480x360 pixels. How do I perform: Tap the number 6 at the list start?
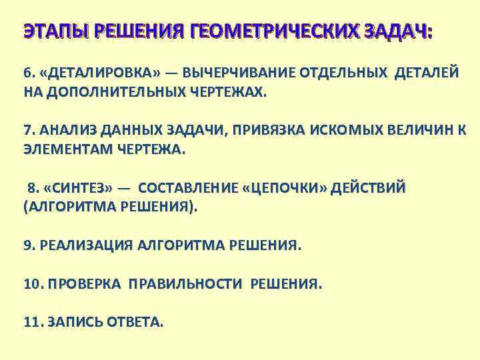click(27, 73)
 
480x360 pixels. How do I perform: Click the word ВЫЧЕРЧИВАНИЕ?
click(235, 73)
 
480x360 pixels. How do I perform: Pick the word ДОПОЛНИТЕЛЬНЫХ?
click(103, 93)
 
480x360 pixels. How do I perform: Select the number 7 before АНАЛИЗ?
click(27, 130)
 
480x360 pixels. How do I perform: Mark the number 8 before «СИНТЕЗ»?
click(31, 187)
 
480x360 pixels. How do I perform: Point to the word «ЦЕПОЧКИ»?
click(285, 187)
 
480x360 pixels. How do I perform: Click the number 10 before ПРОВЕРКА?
click(31, 284)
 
